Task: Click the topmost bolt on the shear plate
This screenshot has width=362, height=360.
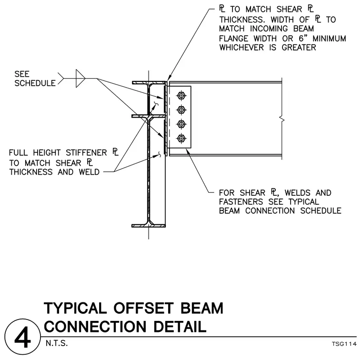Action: pos(181,95)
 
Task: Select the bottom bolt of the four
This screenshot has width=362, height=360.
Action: pos(181,139)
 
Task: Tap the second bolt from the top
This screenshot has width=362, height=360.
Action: pos(181,110)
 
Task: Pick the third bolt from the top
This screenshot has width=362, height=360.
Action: pos(181,124)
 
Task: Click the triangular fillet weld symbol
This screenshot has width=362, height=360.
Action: pos(80,79)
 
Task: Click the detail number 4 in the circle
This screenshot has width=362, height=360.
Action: pos(22,338)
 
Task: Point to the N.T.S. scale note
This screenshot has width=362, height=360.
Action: pos(57,343)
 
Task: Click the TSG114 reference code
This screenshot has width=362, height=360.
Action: pos(344,344)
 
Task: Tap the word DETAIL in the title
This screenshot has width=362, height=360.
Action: pos(180,327)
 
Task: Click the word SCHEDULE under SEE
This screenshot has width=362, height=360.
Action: pos(35,83)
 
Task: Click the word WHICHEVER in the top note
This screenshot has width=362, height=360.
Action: pos(241,48)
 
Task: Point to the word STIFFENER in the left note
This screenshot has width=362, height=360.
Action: pos(86,153)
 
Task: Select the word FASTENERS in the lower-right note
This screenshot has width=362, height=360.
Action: pos(241,202)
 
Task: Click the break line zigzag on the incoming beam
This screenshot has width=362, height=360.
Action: pos(282,120)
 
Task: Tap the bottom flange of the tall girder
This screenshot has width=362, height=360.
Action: pos(149,226)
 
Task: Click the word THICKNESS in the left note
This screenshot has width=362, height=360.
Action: pos(31,172)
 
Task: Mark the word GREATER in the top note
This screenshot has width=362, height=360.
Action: pos(299,48)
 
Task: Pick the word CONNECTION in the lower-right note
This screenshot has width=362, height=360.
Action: pos(270,210)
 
